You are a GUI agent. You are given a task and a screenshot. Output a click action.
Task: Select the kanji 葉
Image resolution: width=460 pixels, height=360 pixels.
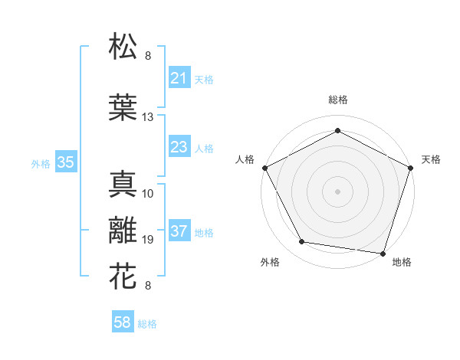click(123, 106)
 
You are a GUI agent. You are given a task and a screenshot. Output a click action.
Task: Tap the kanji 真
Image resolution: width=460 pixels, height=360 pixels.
click(123, 184)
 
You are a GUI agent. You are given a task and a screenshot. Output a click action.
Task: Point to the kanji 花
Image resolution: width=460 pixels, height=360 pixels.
click(123, 275)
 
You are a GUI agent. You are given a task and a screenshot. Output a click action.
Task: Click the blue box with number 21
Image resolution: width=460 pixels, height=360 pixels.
click(179, 78)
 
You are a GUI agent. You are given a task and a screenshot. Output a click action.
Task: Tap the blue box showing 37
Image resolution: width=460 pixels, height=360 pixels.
click(179, 232)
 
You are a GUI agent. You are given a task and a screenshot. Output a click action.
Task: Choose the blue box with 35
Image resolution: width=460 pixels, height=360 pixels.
click(65, 162)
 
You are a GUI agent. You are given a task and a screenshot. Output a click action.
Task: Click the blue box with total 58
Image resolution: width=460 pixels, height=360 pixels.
click(123, 323)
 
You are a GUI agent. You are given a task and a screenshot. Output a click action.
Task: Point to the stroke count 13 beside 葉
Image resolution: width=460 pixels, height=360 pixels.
click(148, 117)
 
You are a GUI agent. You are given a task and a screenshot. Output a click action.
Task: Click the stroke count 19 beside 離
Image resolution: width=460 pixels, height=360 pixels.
click(148, 240)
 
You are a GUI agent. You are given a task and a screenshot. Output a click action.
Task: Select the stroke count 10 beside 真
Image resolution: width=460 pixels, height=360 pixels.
click(148, 193)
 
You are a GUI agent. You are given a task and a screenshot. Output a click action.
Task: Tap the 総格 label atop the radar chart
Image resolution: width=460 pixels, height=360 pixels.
click(337, 100)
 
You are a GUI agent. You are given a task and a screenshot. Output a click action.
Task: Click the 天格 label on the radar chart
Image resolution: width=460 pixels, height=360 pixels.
click(432, 159)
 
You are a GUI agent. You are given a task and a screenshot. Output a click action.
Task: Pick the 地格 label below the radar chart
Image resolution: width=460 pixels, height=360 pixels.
click(402, 263)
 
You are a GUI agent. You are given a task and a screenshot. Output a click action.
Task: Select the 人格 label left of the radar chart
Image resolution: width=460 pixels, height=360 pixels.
click(246, 159)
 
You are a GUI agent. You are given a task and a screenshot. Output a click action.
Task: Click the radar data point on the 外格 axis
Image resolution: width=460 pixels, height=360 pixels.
click(302, 242)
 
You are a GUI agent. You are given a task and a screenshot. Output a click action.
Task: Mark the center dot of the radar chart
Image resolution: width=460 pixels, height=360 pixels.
click(337, 191)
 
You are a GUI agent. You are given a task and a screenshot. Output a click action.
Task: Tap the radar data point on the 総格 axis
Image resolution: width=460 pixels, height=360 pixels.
click(337, 130)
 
